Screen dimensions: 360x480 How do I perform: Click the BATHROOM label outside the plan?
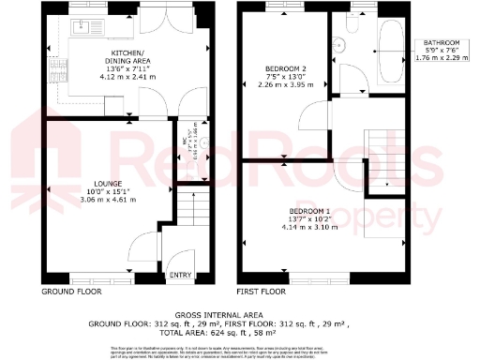(440, 42)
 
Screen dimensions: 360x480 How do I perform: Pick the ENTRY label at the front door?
(178, 276)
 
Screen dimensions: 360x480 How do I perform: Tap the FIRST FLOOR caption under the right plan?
(261, 292)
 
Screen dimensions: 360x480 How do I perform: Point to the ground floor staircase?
(200, 225)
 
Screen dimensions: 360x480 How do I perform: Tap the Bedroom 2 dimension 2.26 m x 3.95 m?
(282, 86)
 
